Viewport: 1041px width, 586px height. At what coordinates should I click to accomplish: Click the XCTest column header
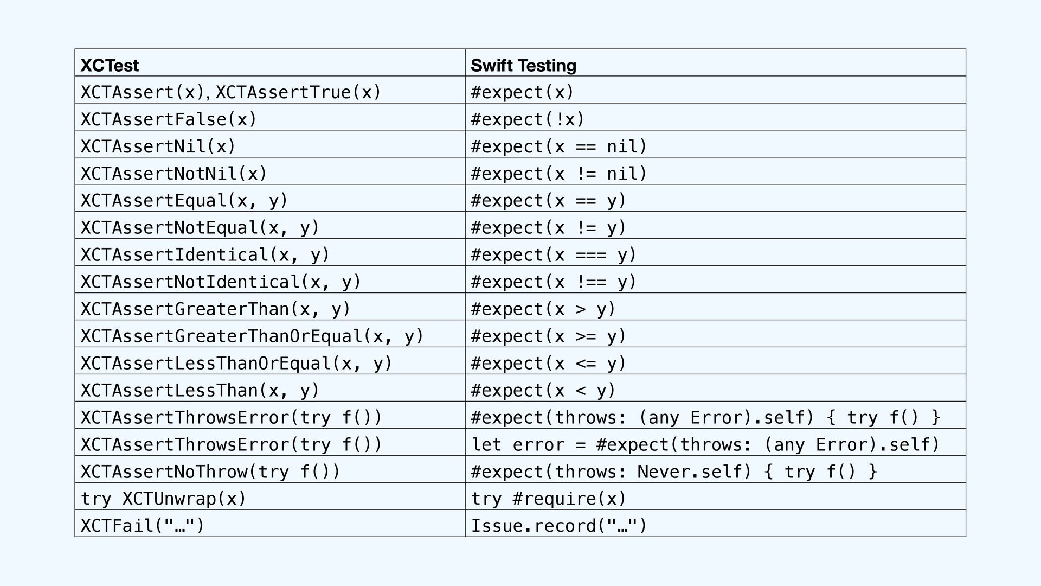tap(110, 65)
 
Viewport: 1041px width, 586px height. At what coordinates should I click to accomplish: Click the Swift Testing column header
tap(523, 65)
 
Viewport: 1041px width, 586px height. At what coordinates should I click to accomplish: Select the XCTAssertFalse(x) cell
tap(169, 119)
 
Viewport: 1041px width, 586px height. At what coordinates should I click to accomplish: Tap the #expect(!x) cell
tap(527, 119)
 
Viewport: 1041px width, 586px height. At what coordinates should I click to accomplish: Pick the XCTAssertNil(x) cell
tap(158, 146)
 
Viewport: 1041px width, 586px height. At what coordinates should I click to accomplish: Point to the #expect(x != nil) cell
tap(559, 174)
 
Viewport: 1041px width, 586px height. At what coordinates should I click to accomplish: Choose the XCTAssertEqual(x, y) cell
tap(184, 201)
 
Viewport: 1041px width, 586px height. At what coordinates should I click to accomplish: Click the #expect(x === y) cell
tap(554, 255)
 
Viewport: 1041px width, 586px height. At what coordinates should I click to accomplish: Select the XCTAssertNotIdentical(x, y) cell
tap(221, 282)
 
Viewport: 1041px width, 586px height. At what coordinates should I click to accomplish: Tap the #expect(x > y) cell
tap(543, 309)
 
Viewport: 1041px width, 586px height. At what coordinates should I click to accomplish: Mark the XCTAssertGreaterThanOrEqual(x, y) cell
tap(252, 336)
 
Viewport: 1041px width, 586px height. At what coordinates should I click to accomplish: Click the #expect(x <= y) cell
tap(549, 364)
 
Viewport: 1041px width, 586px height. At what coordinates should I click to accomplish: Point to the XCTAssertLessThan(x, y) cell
tap(200, 391)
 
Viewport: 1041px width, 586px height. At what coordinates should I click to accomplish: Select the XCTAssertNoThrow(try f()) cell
tap(210, 472)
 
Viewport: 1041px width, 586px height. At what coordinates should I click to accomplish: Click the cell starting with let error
tap(705, 445)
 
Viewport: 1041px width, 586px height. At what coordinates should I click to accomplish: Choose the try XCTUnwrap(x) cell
tap(164, 499)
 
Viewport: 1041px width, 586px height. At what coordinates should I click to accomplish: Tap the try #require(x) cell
tap(549, 499)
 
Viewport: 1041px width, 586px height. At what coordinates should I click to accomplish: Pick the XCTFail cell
tap(143, 526)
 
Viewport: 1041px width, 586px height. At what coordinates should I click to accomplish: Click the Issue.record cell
tap(559, 526)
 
